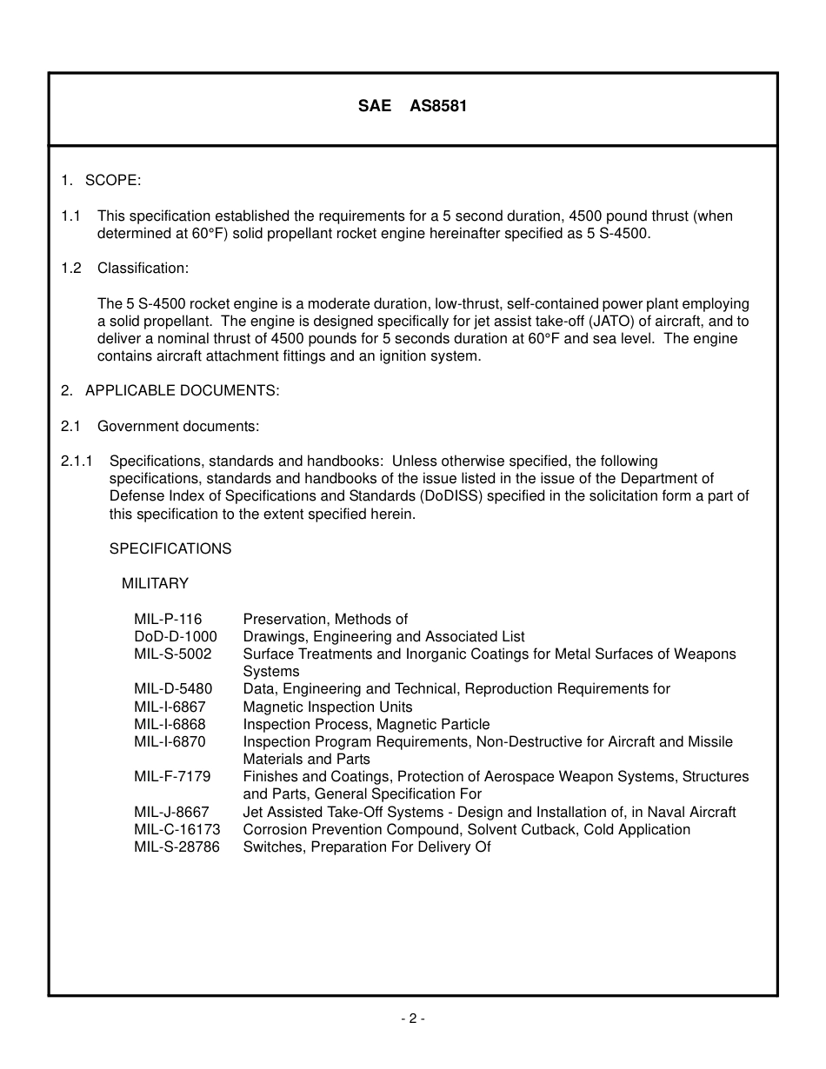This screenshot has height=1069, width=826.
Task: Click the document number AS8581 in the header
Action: click(438, 107)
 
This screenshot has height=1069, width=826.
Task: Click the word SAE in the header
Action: click(375, 107)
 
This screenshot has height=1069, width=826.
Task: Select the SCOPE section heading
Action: click(112, 181)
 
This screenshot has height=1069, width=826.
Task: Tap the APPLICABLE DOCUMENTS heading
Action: click(182, 391)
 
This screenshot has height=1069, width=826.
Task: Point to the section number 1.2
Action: click(71, 269)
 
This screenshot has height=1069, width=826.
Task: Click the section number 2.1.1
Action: click(77, 461)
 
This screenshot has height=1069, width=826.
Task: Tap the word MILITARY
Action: click(155, 584)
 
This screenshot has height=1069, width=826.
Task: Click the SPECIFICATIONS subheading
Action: click(170, 549)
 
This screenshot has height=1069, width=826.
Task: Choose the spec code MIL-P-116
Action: click(168, 620)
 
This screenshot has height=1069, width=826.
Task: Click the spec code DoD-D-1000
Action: click(176, 637)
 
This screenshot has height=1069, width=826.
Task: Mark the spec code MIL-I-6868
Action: click(170, 725)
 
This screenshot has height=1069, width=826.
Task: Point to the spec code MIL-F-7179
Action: click(172, 777)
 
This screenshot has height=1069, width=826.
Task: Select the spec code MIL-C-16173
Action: click(177, 830)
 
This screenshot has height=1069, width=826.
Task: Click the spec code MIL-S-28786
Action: click(177, 847)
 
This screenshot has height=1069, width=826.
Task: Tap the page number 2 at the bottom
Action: click(413, 1019)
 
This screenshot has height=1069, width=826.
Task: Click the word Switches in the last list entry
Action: click(270, 847)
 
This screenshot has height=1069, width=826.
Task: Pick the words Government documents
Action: click(178, 427)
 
